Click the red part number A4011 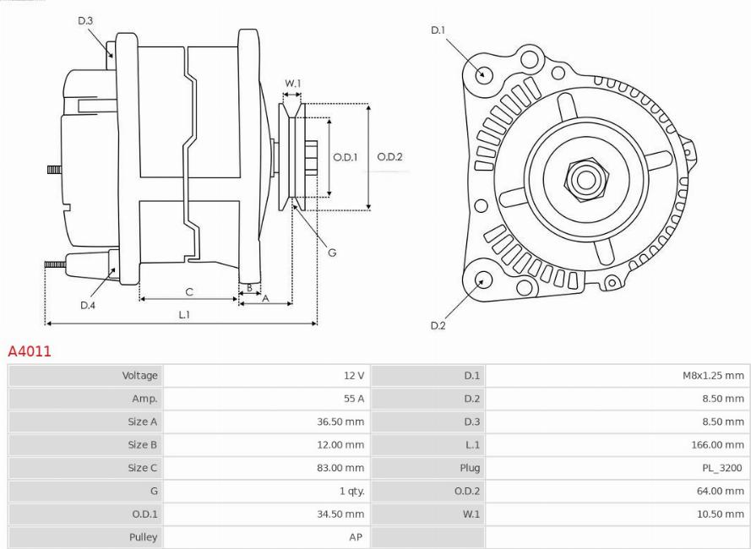[30, 351]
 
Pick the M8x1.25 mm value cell [712, 376]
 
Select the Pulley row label [143, 536]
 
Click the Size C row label [142, 467]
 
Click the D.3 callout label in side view [85, 20]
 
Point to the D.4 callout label [87, 306]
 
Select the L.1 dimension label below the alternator [182, 314]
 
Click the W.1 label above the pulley [292, 83]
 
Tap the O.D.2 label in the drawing [389, 156]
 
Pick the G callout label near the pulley [332, 253]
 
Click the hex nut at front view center [583, 179]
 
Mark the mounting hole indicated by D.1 [484, 74]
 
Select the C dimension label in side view [189, 292]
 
